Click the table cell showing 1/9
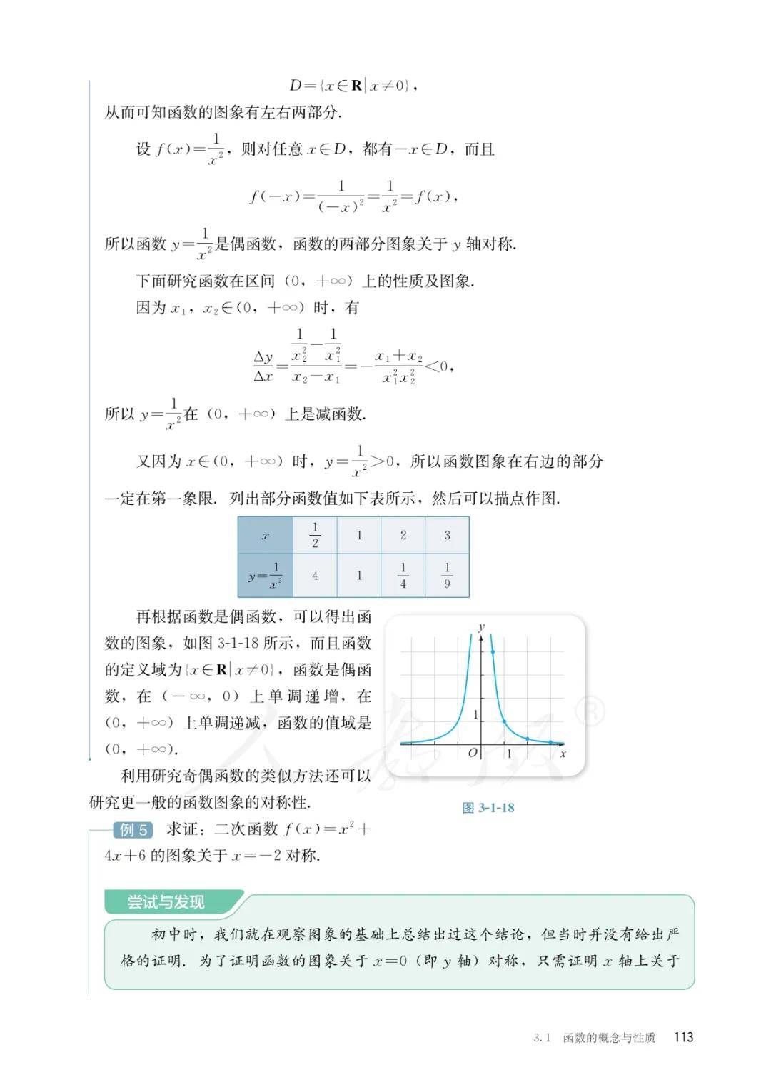[447, 575]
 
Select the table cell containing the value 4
[315, 575]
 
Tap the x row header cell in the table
[266, 536]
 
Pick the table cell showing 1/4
[403, 575]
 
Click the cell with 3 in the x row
[447, 536]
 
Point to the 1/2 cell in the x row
[315, 536]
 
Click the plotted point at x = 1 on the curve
[505, 721]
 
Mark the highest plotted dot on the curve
[493, 651]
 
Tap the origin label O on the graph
[472, 753]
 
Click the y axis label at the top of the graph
[482, 626]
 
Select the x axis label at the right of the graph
[563, 753]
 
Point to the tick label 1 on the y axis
[476, 715]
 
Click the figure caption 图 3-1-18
[488, 808]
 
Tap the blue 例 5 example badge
[133, 829]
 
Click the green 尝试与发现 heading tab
[166, 902]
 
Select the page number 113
[683, 1037]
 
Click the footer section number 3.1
[542, 1038]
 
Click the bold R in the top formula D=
[356, 86]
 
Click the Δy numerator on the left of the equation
[263, 357]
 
